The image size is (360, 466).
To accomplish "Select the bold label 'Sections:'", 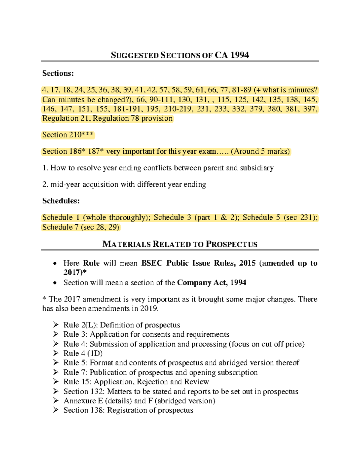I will click(x=58, y=73).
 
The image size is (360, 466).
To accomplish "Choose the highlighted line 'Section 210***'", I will click(x=68, y=135).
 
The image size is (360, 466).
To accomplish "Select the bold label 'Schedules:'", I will click(x=61, y=201).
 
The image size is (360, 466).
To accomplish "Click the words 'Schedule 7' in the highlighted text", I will click(x=60, y=227).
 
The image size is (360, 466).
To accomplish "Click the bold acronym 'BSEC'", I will click(x=152, y=263).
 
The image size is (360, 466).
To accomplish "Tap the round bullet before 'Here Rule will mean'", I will click(x=54, y=263).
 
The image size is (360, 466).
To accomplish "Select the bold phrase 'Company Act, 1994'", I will click(x=211, y=283).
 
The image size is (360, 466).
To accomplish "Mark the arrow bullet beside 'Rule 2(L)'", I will click(x=56, y=325).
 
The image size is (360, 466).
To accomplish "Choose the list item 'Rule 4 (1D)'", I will click(x=83, y=353).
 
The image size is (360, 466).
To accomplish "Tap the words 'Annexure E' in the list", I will click(x=83, y=401).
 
